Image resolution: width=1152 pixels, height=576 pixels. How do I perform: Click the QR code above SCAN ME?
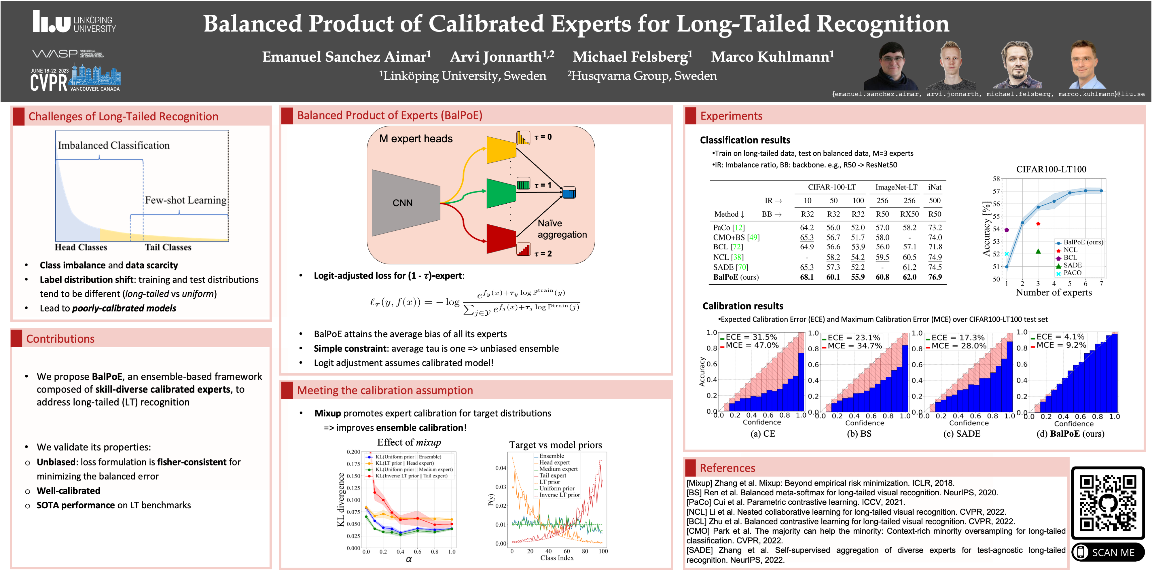coord(1108,503)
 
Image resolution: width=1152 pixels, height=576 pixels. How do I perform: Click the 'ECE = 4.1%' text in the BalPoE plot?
coord(1060,337)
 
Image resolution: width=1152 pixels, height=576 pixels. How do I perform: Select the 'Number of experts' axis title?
coord(1054,293)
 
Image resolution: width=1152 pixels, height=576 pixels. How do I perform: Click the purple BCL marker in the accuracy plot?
coord(1007,230)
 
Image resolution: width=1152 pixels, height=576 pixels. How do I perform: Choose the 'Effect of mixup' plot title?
coord(409,443)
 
